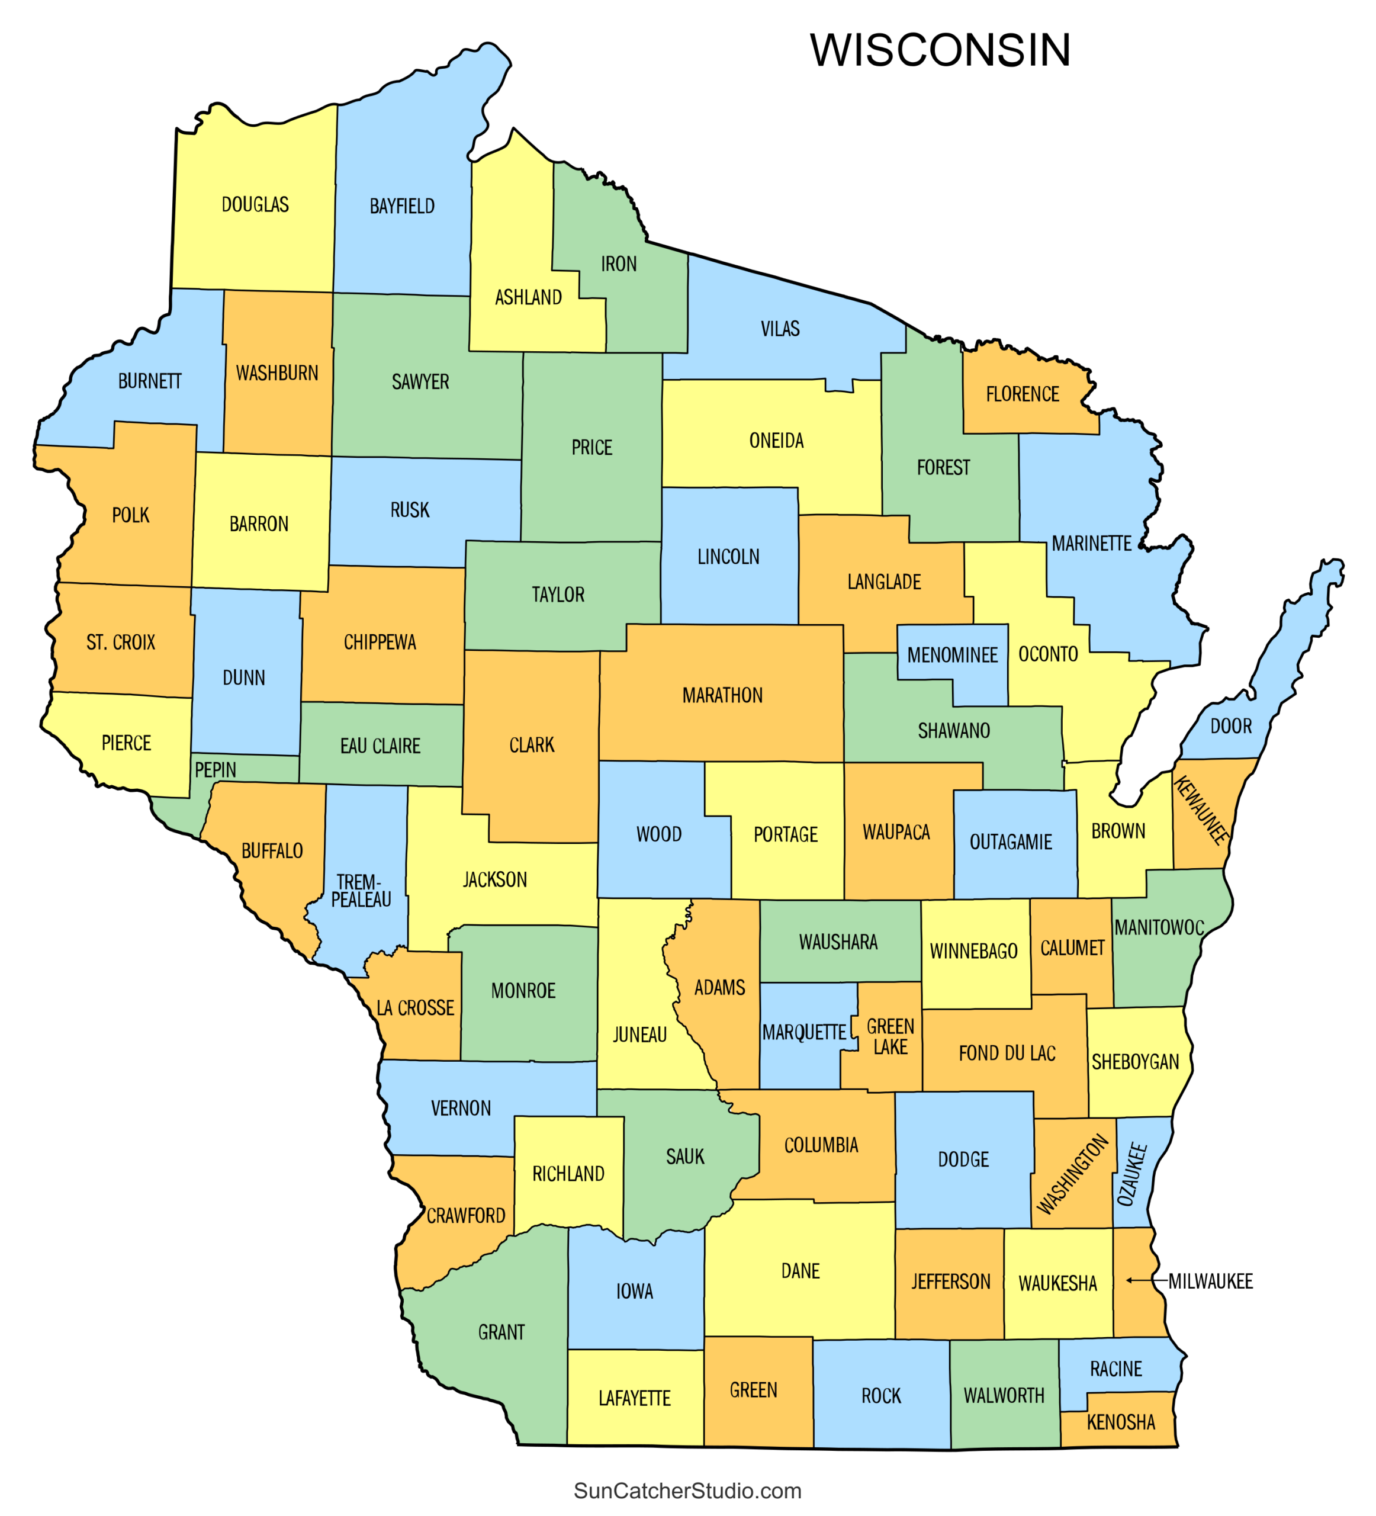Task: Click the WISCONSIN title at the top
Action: (940, 50)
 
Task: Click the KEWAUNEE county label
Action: (1201, 810)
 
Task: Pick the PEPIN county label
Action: (215, 769)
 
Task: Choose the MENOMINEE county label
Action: (952, 655)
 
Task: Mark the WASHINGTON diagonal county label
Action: (1072, 1174)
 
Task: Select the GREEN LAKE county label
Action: (890, 1036)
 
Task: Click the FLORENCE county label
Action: (1022, 394)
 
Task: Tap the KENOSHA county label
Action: (1120, 1422)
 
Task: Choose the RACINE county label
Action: (1116, 1369)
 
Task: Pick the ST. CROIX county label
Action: (120, 642)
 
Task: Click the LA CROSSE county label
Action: (415, 1008)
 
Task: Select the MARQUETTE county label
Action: (804, 1032)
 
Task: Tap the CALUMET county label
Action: (1072, 947)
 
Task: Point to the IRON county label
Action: (618, 264)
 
